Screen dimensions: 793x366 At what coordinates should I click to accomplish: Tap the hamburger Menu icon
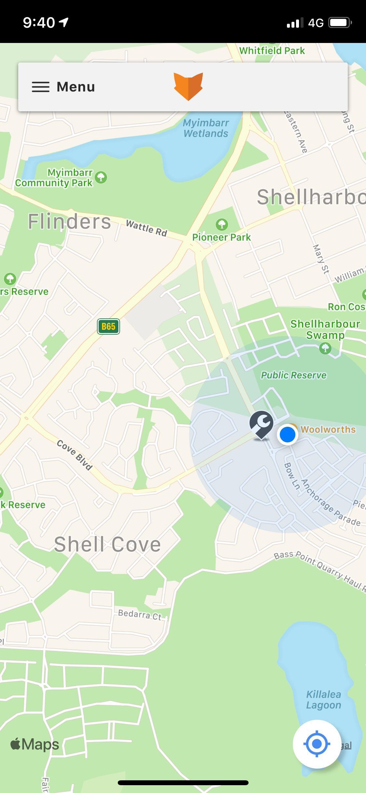41,87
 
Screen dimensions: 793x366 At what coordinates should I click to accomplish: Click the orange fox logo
188,86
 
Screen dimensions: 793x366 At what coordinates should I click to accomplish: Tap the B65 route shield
108,327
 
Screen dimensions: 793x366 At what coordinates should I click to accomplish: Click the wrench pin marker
261,424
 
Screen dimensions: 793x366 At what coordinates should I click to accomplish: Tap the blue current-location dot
288,434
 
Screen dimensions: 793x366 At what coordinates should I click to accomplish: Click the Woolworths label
328,429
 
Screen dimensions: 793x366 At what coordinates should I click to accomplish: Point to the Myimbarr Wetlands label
206,128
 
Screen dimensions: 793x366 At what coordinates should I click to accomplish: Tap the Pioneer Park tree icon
222,224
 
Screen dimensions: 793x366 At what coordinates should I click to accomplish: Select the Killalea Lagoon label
323,700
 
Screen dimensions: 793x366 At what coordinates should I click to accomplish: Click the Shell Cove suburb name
107,544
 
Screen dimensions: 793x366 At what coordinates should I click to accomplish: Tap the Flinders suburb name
69,222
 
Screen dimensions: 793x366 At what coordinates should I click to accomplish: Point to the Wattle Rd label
146,228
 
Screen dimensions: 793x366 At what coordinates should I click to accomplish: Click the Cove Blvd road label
75,455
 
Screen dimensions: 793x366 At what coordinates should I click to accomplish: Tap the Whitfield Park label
272,50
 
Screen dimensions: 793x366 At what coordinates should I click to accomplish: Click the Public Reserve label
293,375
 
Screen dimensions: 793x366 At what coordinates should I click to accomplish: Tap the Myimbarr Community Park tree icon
101,177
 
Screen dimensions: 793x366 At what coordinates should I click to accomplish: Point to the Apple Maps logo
35,744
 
